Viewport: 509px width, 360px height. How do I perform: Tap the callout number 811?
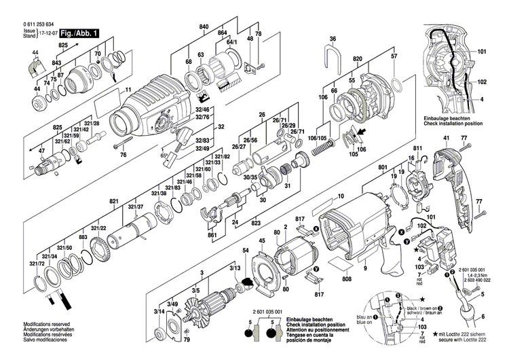[417, 147]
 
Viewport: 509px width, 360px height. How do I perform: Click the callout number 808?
[347, 277]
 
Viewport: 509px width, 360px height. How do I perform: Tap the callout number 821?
[114, 202]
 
